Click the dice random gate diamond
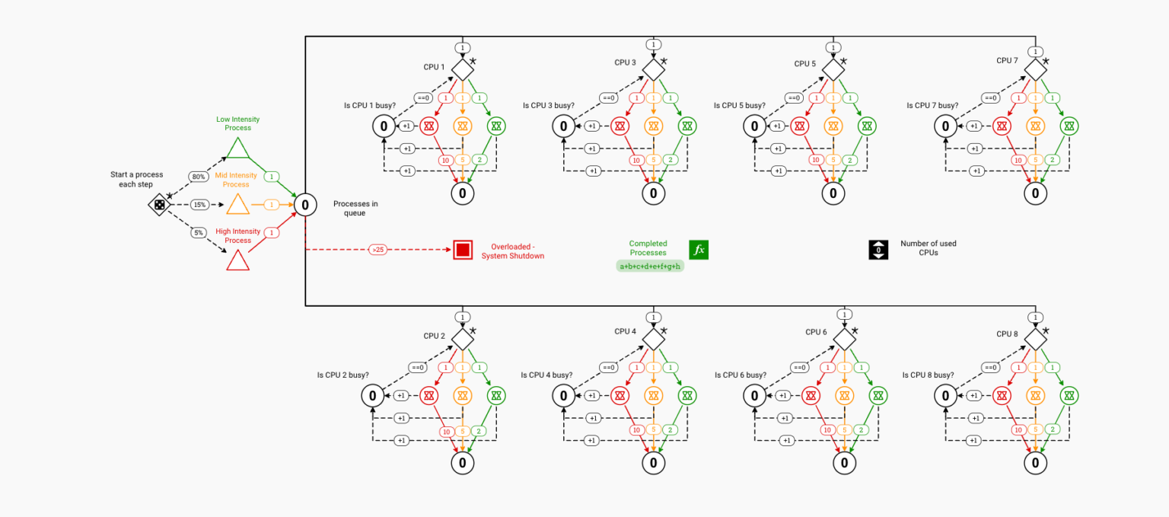[159, 204]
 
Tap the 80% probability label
[199, 177]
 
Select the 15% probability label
[199, 205]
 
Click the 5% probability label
[198, 232]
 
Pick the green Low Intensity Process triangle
[238, 148]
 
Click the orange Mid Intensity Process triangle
[237, 205]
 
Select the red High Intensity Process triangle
[237, 261]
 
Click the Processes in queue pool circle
[305, 204]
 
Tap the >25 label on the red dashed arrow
[377, 249]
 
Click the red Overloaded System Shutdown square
[463, 249]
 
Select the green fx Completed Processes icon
[698, 249]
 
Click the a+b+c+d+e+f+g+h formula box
[650, 266]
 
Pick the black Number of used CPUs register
[878, 249]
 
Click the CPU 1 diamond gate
[462, 69]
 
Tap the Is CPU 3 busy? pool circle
[563, 126]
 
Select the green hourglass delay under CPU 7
[1070, 126]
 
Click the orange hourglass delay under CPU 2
[462, 395]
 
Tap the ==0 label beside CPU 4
[608, 368]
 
